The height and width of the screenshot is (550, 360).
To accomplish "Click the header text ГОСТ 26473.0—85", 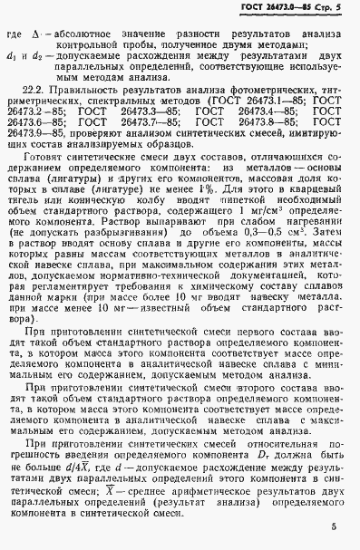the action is coord(278,10).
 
